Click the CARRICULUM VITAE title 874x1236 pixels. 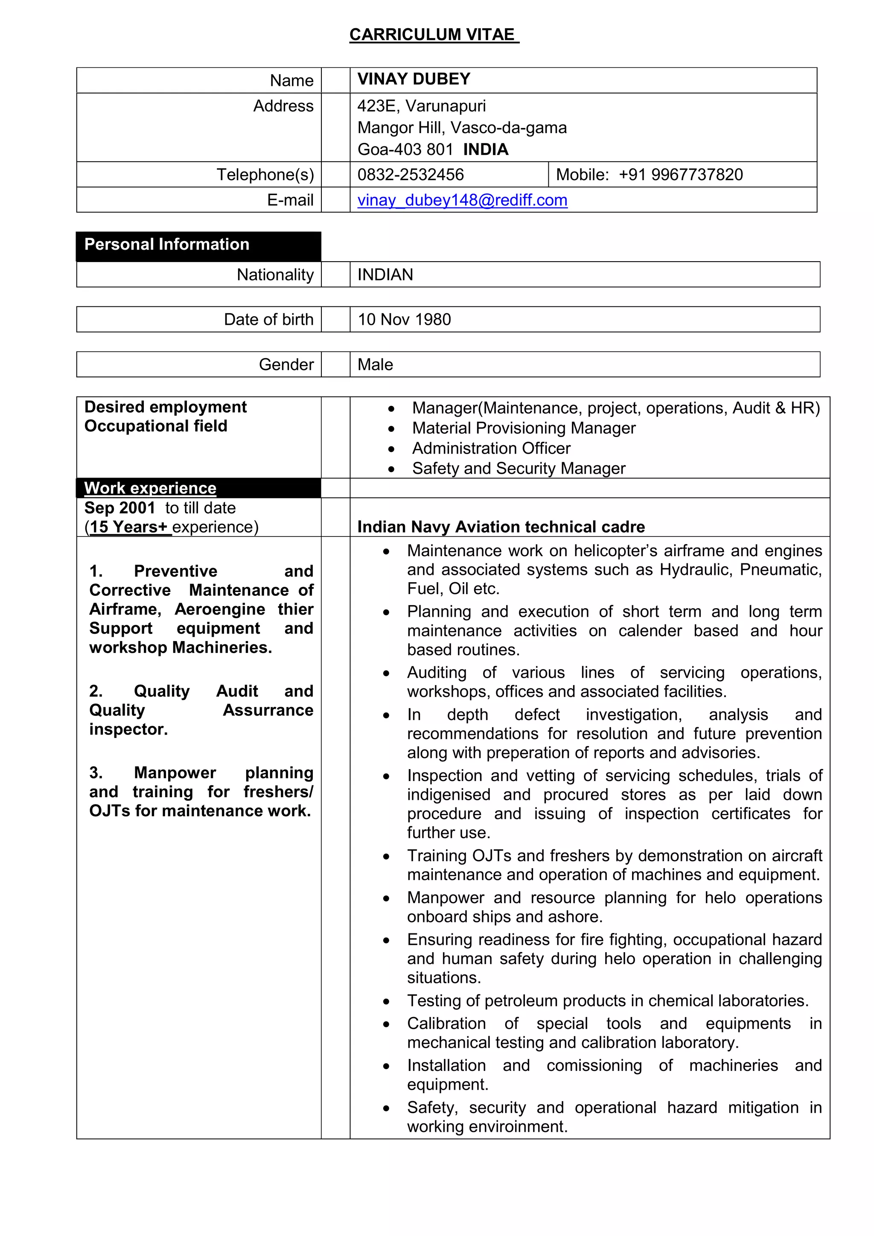click(x=434, y=35)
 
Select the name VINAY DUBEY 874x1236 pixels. click(x=414, y=79)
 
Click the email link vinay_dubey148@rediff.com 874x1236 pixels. click(x=462, y=200)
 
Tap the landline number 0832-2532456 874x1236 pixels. click(x=410, y=175)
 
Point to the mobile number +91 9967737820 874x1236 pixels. click(x=680, y=175)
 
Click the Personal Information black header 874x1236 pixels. click(x=167, y=245)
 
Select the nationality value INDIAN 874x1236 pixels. click(x=385, y=274)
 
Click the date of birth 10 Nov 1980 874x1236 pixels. click(x=404, y=319)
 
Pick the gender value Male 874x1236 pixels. click(x=375, y=364)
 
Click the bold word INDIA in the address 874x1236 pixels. click(x=485, y=149)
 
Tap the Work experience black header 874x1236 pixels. click(x=150, y=488)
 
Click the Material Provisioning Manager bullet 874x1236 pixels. click(x=523, y=428)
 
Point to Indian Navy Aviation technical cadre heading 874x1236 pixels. click(x=501, y=527)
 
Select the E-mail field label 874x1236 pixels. click(x=290, y=200)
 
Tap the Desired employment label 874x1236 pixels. click(x=165, y=407)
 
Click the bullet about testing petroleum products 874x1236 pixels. click(x=607, y=1000)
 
